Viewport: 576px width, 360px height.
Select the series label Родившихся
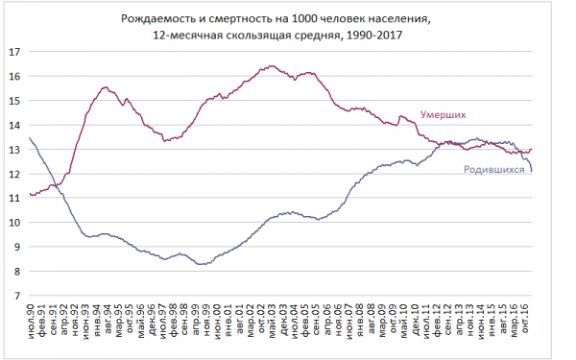(x=499, y=169)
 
